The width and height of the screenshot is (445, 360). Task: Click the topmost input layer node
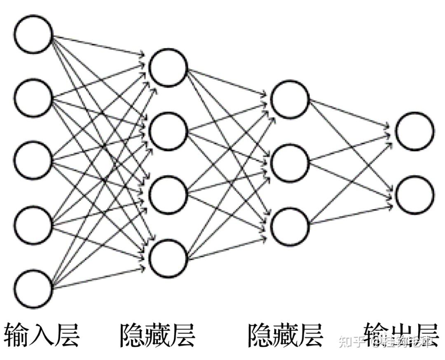pos(33,34)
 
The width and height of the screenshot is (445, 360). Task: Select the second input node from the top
pos(33,97)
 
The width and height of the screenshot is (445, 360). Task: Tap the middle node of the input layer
pos(33,160)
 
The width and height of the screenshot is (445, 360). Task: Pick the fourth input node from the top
pos(33,224)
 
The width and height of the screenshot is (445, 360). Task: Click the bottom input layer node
pos(33,288)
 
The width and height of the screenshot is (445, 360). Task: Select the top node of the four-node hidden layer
pos(168,68)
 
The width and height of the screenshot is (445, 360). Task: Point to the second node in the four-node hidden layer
pos(168,131)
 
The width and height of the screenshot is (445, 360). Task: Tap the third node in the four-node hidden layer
pos(168,195)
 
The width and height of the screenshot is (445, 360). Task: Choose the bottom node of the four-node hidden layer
pos(168,258)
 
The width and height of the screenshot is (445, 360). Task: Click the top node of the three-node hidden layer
pos(290,99)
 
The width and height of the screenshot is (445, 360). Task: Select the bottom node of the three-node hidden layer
pos(290,226)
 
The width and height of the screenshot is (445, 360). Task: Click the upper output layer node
pos(415,131)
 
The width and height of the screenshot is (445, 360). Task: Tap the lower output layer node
pos(415,195)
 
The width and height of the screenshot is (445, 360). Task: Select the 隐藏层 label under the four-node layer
pos(158,335)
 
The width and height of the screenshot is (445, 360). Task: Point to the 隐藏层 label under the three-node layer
pos(286,335)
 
